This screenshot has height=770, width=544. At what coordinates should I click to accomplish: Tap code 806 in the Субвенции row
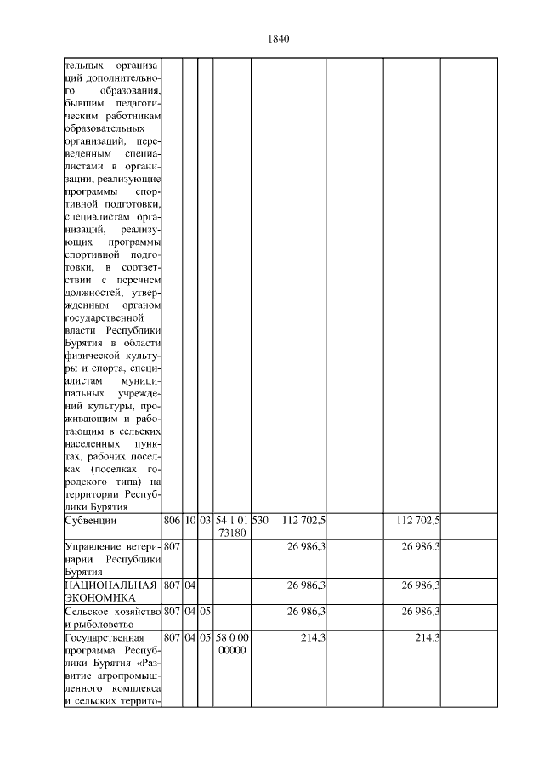coord(170,520)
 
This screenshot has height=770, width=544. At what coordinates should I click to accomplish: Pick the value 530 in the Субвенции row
coord(259,520)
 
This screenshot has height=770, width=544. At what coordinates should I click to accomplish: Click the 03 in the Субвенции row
coord(205,520)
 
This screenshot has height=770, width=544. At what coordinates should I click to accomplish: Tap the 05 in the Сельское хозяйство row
coord(205,610)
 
